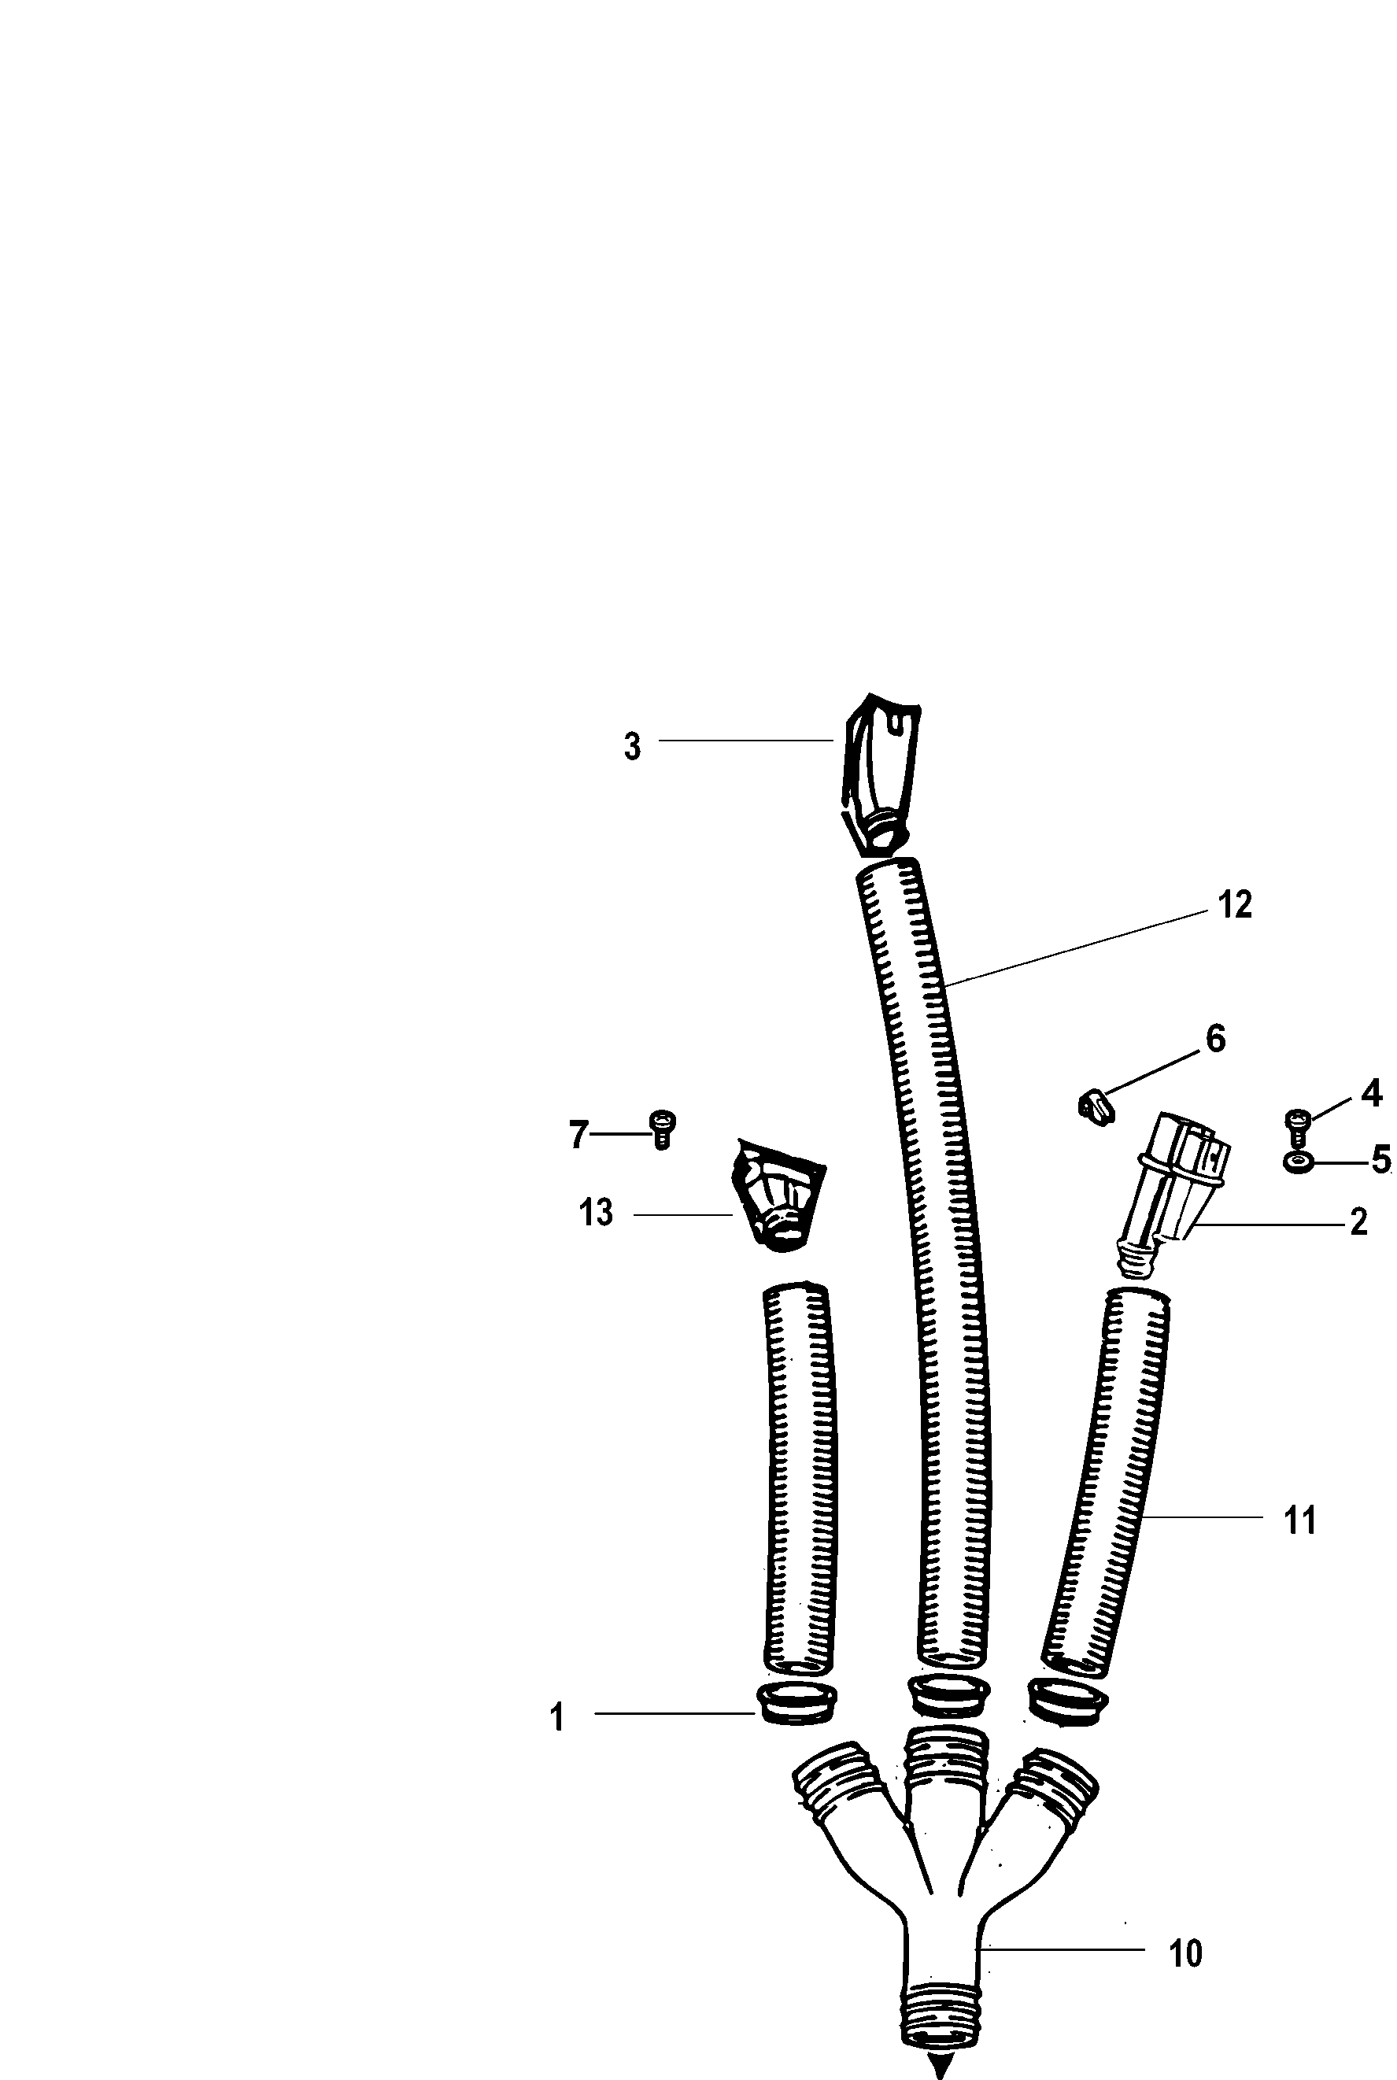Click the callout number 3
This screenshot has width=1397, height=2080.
[x=632, y=747]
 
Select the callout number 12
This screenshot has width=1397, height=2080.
[x=1235, y=904]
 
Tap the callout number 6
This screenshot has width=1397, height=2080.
[x=1216, y=1039]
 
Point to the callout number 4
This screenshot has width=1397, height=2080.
[x=1371, y=1093]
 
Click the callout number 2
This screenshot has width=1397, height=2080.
[x=1358, y=1222]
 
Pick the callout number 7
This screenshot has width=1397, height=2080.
[x=578, y=1135]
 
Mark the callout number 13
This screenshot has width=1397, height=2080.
[x=596, y=1213]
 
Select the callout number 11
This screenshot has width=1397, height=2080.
[x=1300, y=1520]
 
